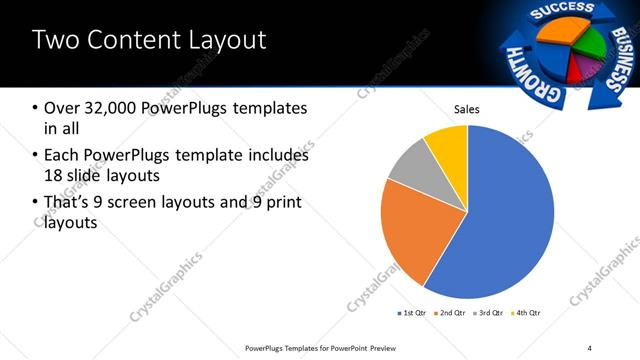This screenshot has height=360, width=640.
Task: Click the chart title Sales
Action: [467, 109]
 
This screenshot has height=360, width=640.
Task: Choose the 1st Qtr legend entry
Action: [414, 313]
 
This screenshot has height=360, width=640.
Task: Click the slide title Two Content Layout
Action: [150, 41]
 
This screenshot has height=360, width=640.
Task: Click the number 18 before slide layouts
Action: [56, 177]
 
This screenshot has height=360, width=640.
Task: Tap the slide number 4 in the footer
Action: [589, 348]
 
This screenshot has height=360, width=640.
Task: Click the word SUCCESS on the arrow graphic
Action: [553, 12]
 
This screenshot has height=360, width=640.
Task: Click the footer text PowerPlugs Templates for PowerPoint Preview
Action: [329, 348]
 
